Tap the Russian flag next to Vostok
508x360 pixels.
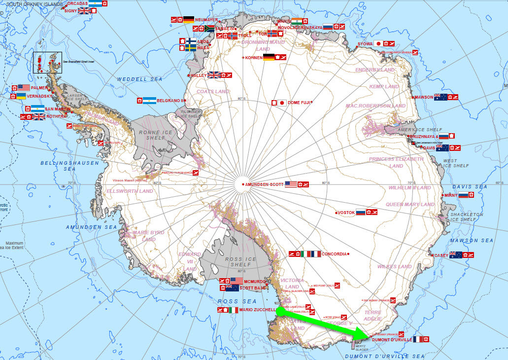pos(361,213)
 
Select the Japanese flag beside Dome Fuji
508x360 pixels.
pos(282,103)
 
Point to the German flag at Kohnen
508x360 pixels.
pos(269,58)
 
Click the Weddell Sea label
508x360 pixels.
pos(133,79)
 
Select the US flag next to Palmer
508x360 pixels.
pos(24,88)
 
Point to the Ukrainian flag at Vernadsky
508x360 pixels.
pos(21,96)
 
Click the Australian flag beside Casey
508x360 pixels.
pos(455,255)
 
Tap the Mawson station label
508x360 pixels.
pos(424,97)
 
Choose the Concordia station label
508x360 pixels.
pos(334,254)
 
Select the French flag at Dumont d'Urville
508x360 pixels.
pos(418,339)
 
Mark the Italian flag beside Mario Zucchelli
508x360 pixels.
pos(233,310)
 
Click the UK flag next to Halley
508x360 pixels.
pos(214,75)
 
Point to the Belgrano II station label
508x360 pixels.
pos(170,101)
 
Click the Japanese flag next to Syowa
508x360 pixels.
pos(378,43)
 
